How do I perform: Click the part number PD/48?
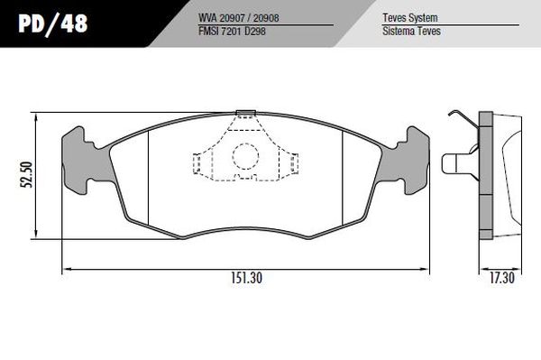(53, 23)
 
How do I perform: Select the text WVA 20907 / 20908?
(238, 18)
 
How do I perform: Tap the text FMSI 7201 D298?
(232, 31)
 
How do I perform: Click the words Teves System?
(410, 18)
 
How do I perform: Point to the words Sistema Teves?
(411, 31)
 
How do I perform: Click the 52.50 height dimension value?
(26, 174)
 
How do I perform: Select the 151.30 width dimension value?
(246, 278)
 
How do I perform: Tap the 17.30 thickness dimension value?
(502, 278)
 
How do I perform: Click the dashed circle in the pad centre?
(245, 156)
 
